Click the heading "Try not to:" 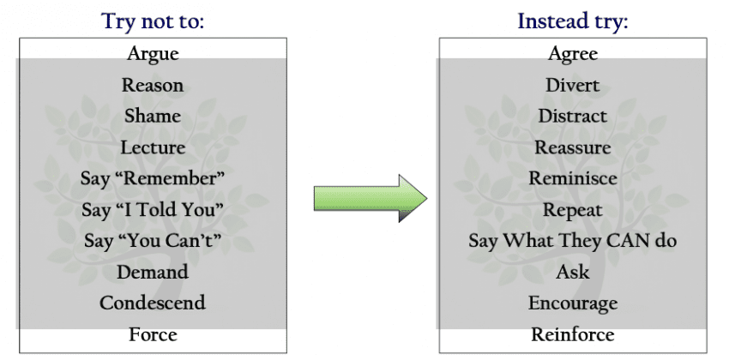(153, 21)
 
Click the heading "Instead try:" (573, 21)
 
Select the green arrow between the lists (371, 198)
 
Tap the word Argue (153, 54)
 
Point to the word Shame (153, 116)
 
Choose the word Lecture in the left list (153, 147)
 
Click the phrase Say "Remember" (153, 178)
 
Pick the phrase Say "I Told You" (153, 209)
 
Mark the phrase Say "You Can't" (153, 241)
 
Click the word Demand (153, 272)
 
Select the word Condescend (153, 303)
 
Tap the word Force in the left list (153, 334)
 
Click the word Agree (573, 54)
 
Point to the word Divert (573, 85)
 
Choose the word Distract (573, 116)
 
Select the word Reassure (573, 147)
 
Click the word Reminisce (573, 178)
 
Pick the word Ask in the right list (573, 272)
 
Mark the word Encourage (573, 303)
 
